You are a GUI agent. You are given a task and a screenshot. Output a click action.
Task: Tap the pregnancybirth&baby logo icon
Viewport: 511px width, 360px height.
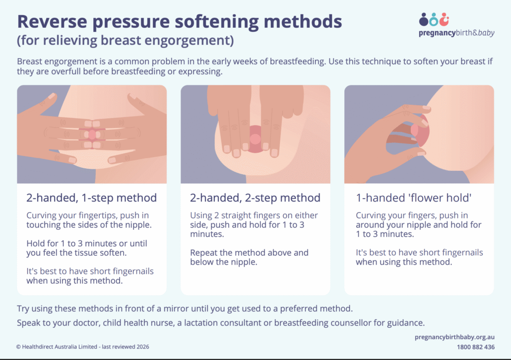[x=434, y=20]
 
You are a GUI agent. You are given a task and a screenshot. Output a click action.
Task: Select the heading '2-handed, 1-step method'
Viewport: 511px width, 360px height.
[x=91, y=198]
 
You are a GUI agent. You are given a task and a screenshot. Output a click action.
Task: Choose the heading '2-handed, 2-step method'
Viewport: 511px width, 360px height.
[x=255, y=198]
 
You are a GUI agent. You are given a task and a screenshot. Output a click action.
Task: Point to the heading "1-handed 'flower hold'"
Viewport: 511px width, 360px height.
[x=414, y=198]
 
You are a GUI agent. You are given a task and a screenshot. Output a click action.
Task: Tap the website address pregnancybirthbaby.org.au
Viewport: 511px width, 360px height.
[x=454, y=337]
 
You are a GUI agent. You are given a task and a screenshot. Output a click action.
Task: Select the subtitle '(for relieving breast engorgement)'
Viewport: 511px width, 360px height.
[x=125, y=41]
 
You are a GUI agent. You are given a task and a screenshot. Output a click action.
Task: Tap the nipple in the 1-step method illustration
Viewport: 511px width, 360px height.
[x=92, y=134]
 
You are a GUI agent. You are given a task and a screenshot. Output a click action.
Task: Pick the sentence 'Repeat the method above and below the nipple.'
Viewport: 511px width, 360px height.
[x=249, y=257]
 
